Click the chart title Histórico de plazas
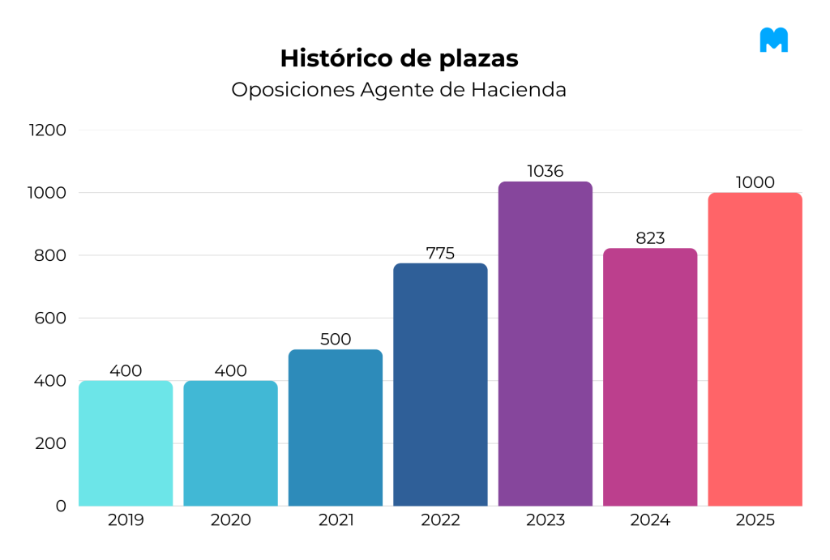click(x=399, y=58)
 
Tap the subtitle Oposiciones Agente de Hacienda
click(x=399, y=90)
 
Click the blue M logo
click(x=773, y=40)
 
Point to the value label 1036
click(x=545, y=171)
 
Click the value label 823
click(x=650, y=238)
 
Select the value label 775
click(x=440, y=253)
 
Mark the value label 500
click(x=336, y=339)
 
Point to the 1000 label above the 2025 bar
click(x=755, y=182)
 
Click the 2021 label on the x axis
click(x=336, y=520)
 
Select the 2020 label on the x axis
click(x=230, y=520)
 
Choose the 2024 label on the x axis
click(x=650, y=520)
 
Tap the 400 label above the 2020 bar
click(x=230, y=370)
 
